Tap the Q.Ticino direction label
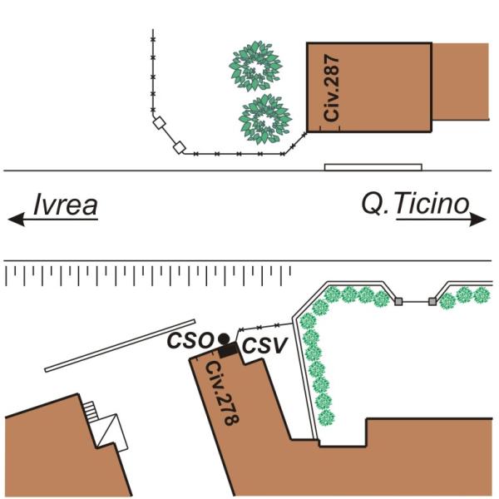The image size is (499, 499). (x=414, y=204)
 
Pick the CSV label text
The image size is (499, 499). (x=259, y=347)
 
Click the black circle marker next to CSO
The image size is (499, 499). (x=224, y=338)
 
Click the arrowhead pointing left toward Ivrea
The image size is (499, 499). (x=14, y=220)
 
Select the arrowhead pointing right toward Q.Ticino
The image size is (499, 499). (x=481, y=220)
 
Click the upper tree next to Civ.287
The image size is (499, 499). (x=256, y=67)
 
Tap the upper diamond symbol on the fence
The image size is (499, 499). (x=159, y=125)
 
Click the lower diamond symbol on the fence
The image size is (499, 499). (x=178, y=149)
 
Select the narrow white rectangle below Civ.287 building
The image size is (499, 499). (x=373, y=167)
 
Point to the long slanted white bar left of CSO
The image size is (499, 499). (x=121, y=345)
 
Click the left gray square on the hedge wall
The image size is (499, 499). (x=398, y=300)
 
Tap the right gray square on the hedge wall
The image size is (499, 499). (x=432, y=300)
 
